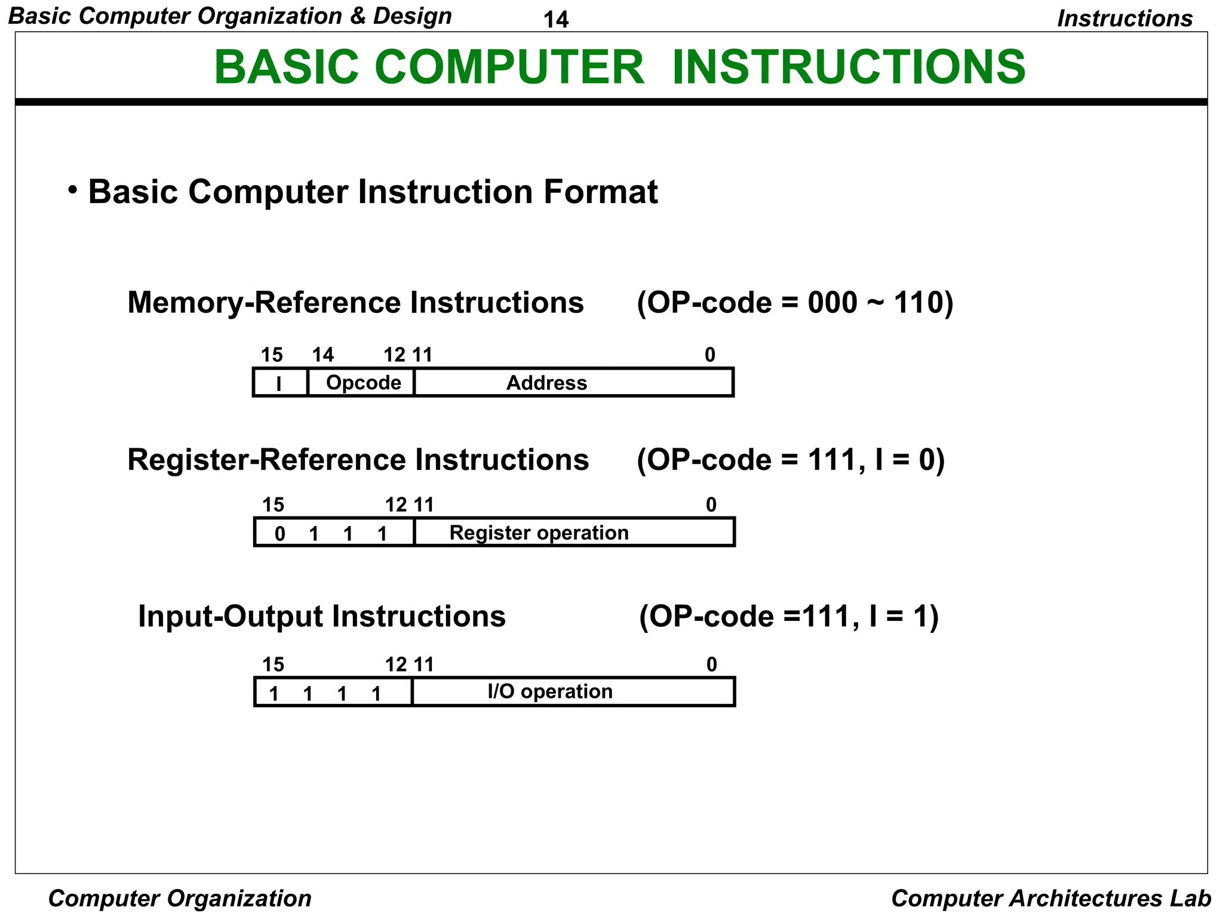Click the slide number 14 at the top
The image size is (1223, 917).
[x=555, y=20]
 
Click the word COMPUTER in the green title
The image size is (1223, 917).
[x=509, y=67]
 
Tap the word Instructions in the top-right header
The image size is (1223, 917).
[x=1124, y=19]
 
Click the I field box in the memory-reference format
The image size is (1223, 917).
[x=279, y=383]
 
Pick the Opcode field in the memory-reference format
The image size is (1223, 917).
[x=363, y=383]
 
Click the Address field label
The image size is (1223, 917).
[x=546, y=383]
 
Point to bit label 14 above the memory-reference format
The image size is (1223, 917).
[x=322, y=355]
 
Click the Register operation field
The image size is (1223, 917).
[x=539, y=533]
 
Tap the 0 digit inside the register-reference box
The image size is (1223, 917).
[x=279, y=534]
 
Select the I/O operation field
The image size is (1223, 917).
[x=550, y=691]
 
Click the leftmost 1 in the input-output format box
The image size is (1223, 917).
[x=274, y=694]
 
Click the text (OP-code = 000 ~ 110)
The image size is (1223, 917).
[x=795, y=303]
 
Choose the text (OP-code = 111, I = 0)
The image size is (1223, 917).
[x=790, y=460]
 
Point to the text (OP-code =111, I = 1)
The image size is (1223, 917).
[x=788, y=616]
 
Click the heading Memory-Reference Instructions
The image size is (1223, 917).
[x=355, y=303]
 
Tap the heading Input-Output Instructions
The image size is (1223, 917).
[x=321, y=616]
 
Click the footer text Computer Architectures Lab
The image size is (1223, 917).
[x=1050, y=898]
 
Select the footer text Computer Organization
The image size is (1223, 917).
[x=180, y=898]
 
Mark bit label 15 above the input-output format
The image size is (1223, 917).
[x=274, y=664]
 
